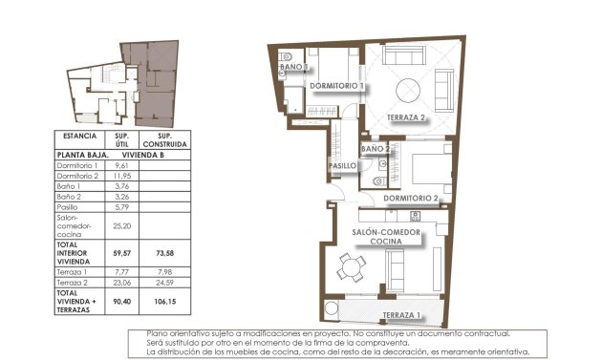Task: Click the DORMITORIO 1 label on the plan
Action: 337,86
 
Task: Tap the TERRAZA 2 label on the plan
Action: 406,118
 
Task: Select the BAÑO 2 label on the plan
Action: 375,150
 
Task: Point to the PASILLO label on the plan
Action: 343,166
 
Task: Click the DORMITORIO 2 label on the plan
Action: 411,199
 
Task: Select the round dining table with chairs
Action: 351,269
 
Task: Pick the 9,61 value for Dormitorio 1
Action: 121,165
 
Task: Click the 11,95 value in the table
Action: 121,177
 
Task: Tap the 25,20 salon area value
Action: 121,227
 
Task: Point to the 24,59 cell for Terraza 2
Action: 163,284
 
